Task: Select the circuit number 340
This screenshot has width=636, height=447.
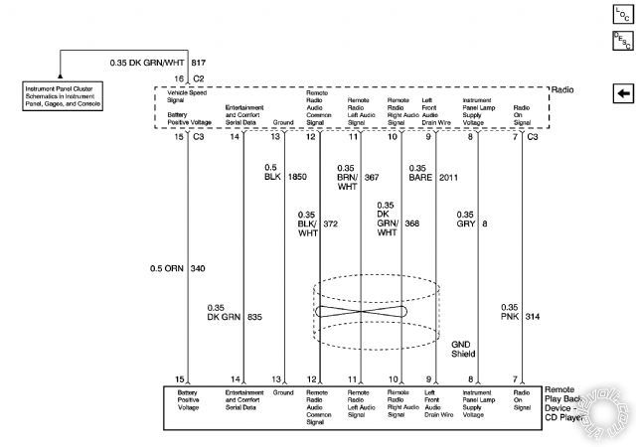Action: pyautogui.click(x=198, y=268)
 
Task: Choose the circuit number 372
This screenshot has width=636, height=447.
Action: pyautogui.click(x=331, y=223)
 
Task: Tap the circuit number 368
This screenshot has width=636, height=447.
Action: pyautogui.click(x=412, y=223)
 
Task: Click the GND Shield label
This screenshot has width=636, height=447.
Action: pyautogui.click(x=463, y=347)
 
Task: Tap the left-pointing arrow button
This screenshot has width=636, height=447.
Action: pyautogui.click(x=623, y=93)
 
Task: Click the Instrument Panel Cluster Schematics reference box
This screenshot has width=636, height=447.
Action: pyautogui.click(x=62, y=96)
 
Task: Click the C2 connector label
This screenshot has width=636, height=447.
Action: pyautogui.click(x=199, y=76)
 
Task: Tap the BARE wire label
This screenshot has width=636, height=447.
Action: pyautogui.click(x=418, y=179)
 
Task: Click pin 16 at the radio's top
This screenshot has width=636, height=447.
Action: pyautogui.click(x=180, y=76)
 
